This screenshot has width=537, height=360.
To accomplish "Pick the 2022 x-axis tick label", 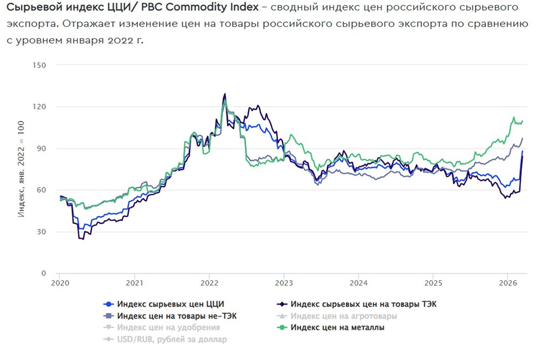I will point(209,283).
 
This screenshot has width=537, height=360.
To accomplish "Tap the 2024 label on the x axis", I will point(359,283).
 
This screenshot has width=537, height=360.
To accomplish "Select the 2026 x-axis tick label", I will point(508,283).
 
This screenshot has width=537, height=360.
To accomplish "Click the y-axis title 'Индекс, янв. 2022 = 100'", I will point(21,169).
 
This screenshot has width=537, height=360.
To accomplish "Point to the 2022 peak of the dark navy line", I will point(224,94).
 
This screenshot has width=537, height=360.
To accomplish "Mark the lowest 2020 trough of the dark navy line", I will point(83,239).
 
